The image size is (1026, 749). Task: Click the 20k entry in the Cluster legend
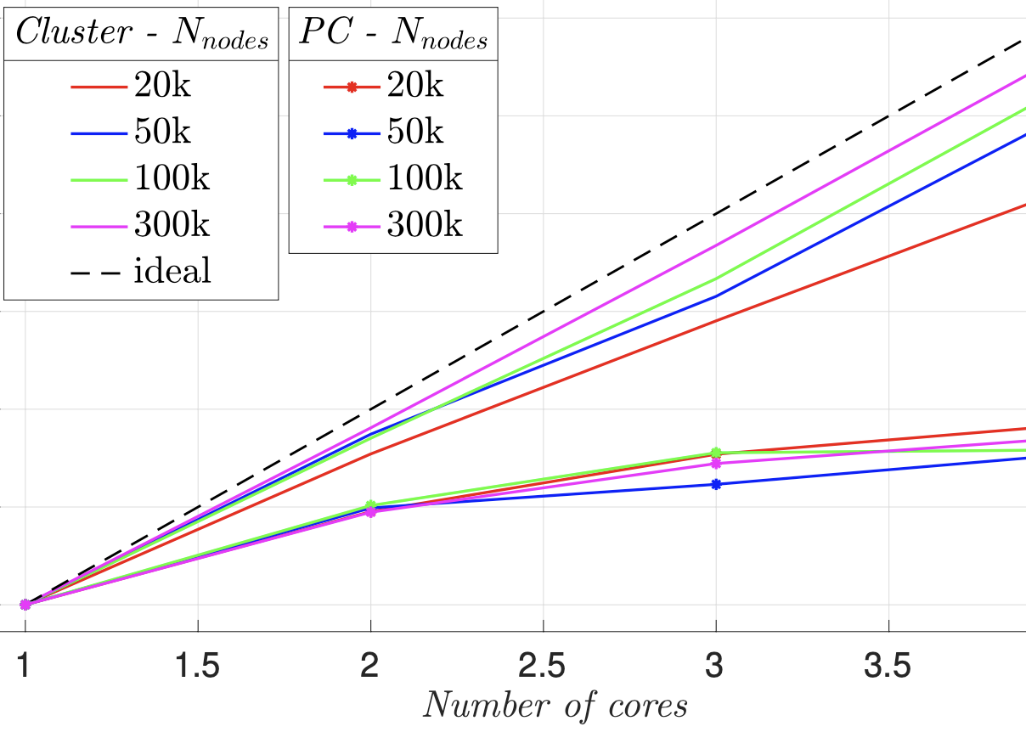point(141,85)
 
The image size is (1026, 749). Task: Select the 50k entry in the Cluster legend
point(141,132)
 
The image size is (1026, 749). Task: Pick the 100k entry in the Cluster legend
point(141,178)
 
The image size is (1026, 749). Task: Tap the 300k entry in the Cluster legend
point(141,225)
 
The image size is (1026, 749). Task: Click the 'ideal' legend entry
point(141,272)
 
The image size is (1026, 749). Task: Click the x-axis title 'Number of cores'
point(555,705)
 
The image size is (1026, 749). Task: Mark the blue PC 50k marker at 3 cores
point(716,484)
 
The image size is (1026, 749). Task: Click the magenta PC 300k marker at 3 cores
point(716,464)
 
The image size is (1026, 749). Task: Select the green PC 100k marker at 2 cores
point(370,505)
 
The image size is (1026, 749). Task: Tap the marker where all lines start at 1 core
point(25,605)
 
